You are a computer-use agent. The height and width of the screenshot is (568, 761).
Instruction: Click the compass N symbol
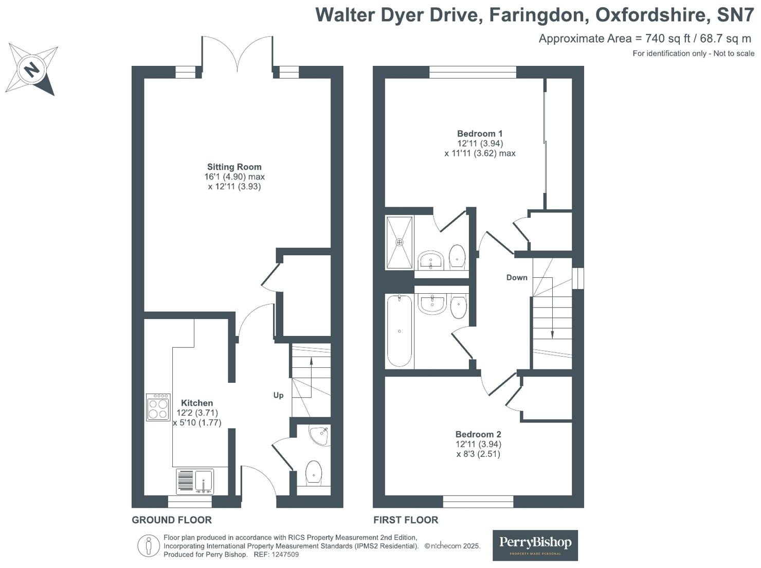tap(32, 69)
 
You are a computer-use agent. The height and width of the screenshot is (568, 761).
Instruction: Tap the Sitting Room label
tap(234, 167)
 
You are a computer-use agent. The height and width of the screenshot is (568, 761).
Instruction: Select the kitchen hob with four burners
tap(158, 407)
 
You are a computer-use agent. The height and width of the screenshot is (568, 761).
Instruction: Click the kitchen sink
tap(195, 482)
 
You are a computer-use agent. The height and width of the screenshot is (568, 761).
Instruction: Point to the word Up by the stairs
tap(278, 396)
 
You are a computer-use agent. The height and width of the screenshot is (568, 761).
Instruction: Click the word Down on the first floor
tap(517, 277)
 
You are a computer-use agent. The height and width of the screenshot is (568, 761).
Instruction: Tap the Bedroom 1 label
tap(480, 133)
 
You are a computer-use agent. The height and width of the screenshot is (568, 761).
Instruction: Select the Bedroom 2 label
tap(478, 434)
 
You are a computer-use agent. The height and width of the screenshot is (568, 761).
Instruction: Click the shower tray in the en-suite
tap(400, 243)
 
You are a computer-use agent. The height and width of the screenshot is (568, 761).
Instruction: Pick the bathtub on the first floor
tap(400, 330)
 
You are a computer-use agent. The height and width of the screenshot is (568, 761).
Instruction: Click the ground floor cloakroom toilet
tap(314, 473)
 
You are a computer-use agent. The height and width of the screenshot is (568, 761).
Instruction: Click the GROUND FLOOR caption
tap(172, 520)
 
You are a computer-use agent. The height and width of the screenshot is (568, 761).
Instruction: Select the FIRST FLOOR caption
tap(406, 520)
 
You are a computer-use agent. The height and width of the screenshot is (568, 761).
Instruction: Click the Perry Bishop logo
tap(535, 545)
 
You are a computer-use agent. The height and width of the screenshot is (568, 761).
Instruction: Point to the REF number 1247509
tap(285, 555)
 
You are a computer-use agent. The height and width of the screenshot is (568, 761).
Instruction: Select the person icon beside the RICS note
tap(149, 546)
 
